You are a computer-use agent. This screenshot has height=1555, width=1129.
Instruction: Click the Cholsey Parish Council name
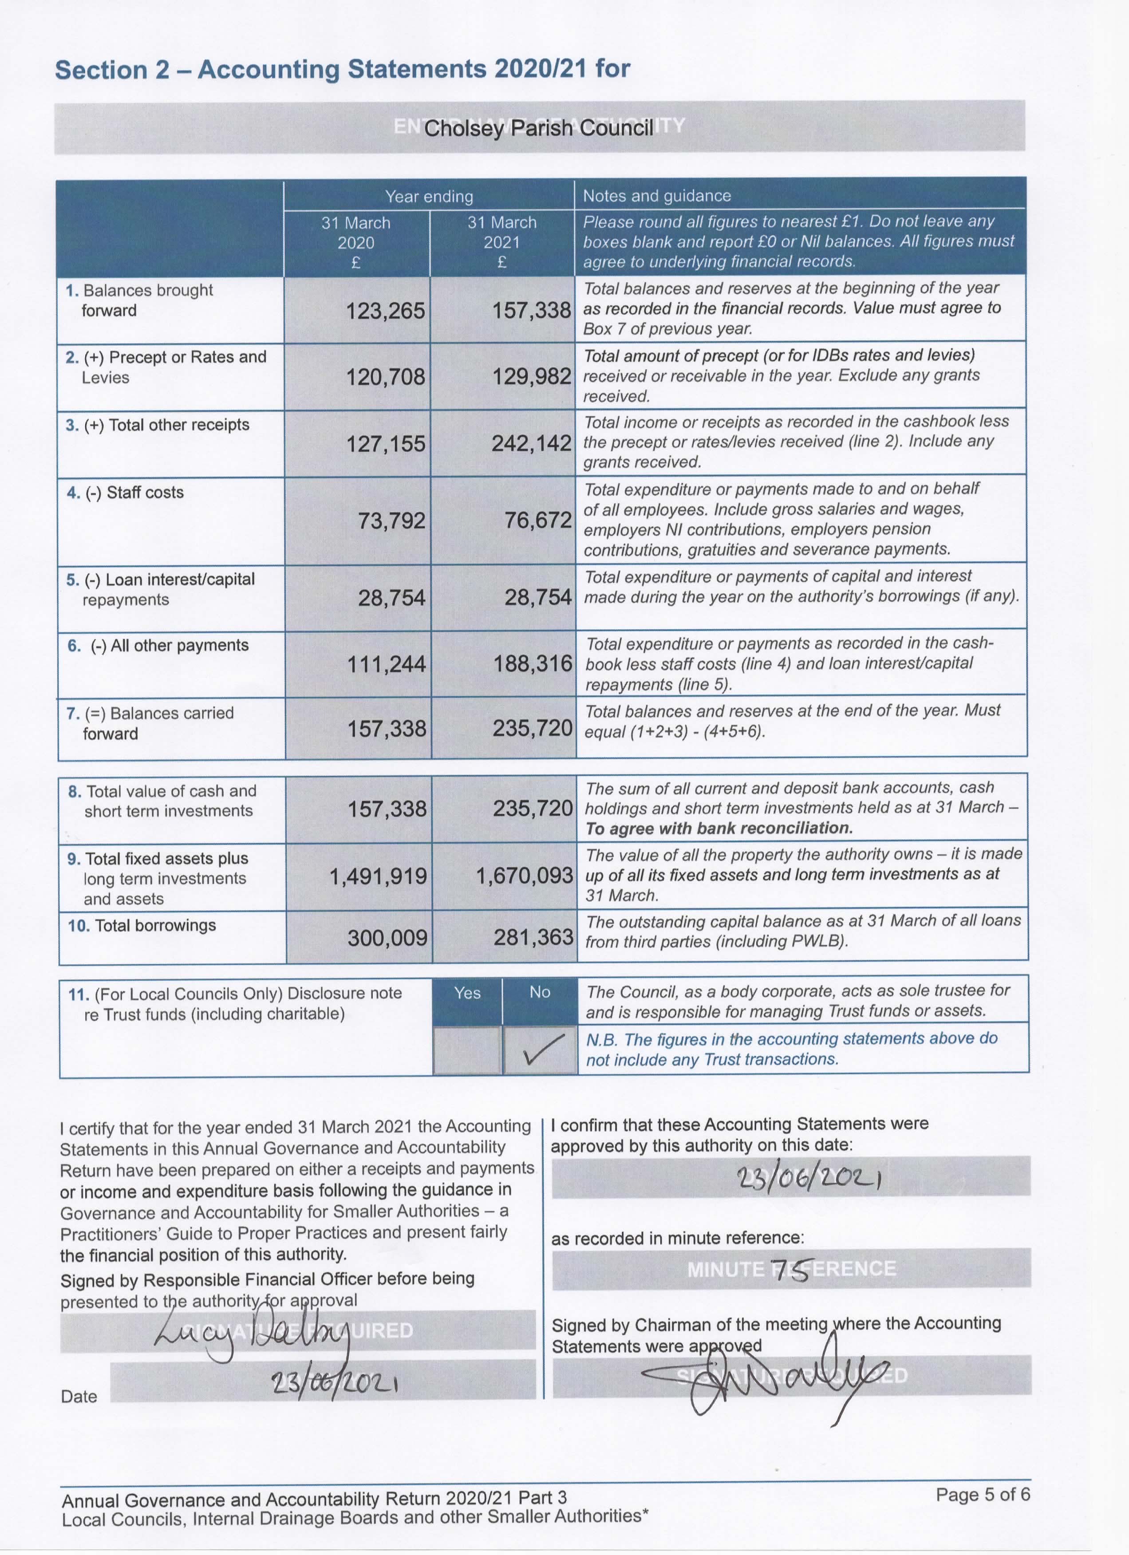point(538,128)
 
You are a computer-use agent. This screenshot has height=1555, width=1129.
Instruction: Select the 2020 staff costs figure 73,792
point(391,521)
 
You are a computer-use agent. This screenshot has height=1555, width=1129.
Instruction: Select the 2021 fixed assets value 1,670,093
point(525,876)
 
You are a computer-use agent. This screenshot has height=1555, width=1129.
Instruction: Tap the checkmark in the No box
point(540,1051)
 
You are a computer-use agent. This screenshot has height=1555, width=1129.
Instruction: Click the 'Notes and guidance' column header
point(657,196)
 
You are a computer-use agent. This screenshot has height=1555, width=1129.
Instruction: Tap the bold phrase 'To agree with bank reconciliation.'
point(719,828)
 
